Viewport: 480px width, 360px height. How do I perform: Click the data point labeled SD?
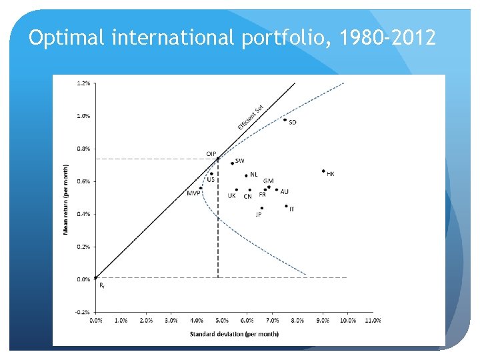(x=285, y=120)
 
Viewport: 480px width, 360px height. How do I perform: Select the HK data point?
(x=323, y=171)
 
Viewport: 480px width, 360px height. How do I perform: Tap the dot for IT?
(x=286, y=206)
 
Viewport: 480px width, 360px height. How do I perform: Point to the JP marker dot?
(x=262, y=208)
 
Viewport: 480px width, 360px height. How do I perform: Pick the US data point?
(x=212, y=173)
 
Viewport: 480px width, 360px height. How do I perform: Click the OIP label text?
(x=210, y=154)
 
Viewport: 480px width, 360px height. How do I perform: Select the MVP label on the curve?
(x=193, y=193)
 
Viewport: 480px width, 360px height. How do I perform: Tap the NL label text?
(x=254, y=174)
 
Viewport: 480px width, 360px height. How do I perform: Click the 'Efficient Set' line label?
(x=251, y=117)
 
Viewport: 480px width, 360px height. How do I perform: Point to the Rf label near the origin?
(x=101, y=285)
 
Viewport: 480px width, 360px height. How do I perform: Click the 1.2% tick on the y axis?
(x=84, y=83)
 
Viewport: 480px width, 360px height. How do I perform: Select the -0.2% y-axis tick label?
(x=83, y=311)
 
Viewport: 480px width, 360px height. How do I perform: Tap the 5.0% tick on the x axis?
(x=221, y=320)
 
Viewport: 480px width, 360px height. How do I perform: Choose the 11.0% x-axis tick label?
(x=373, y=320)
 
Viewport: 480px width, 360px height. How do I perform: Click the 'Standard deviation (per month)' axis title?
(x=234, y=333)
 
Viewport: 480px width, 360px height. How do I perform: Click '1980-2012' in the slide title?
(x=387, y=38)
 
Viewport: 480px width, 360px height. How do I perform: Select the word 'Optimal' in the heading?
(x=67, y=38)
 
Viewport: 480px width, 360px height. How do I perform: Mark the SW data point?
(x=232, y=163)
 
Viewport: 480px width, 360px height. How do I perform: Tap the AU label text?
(x=285, y=191)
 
